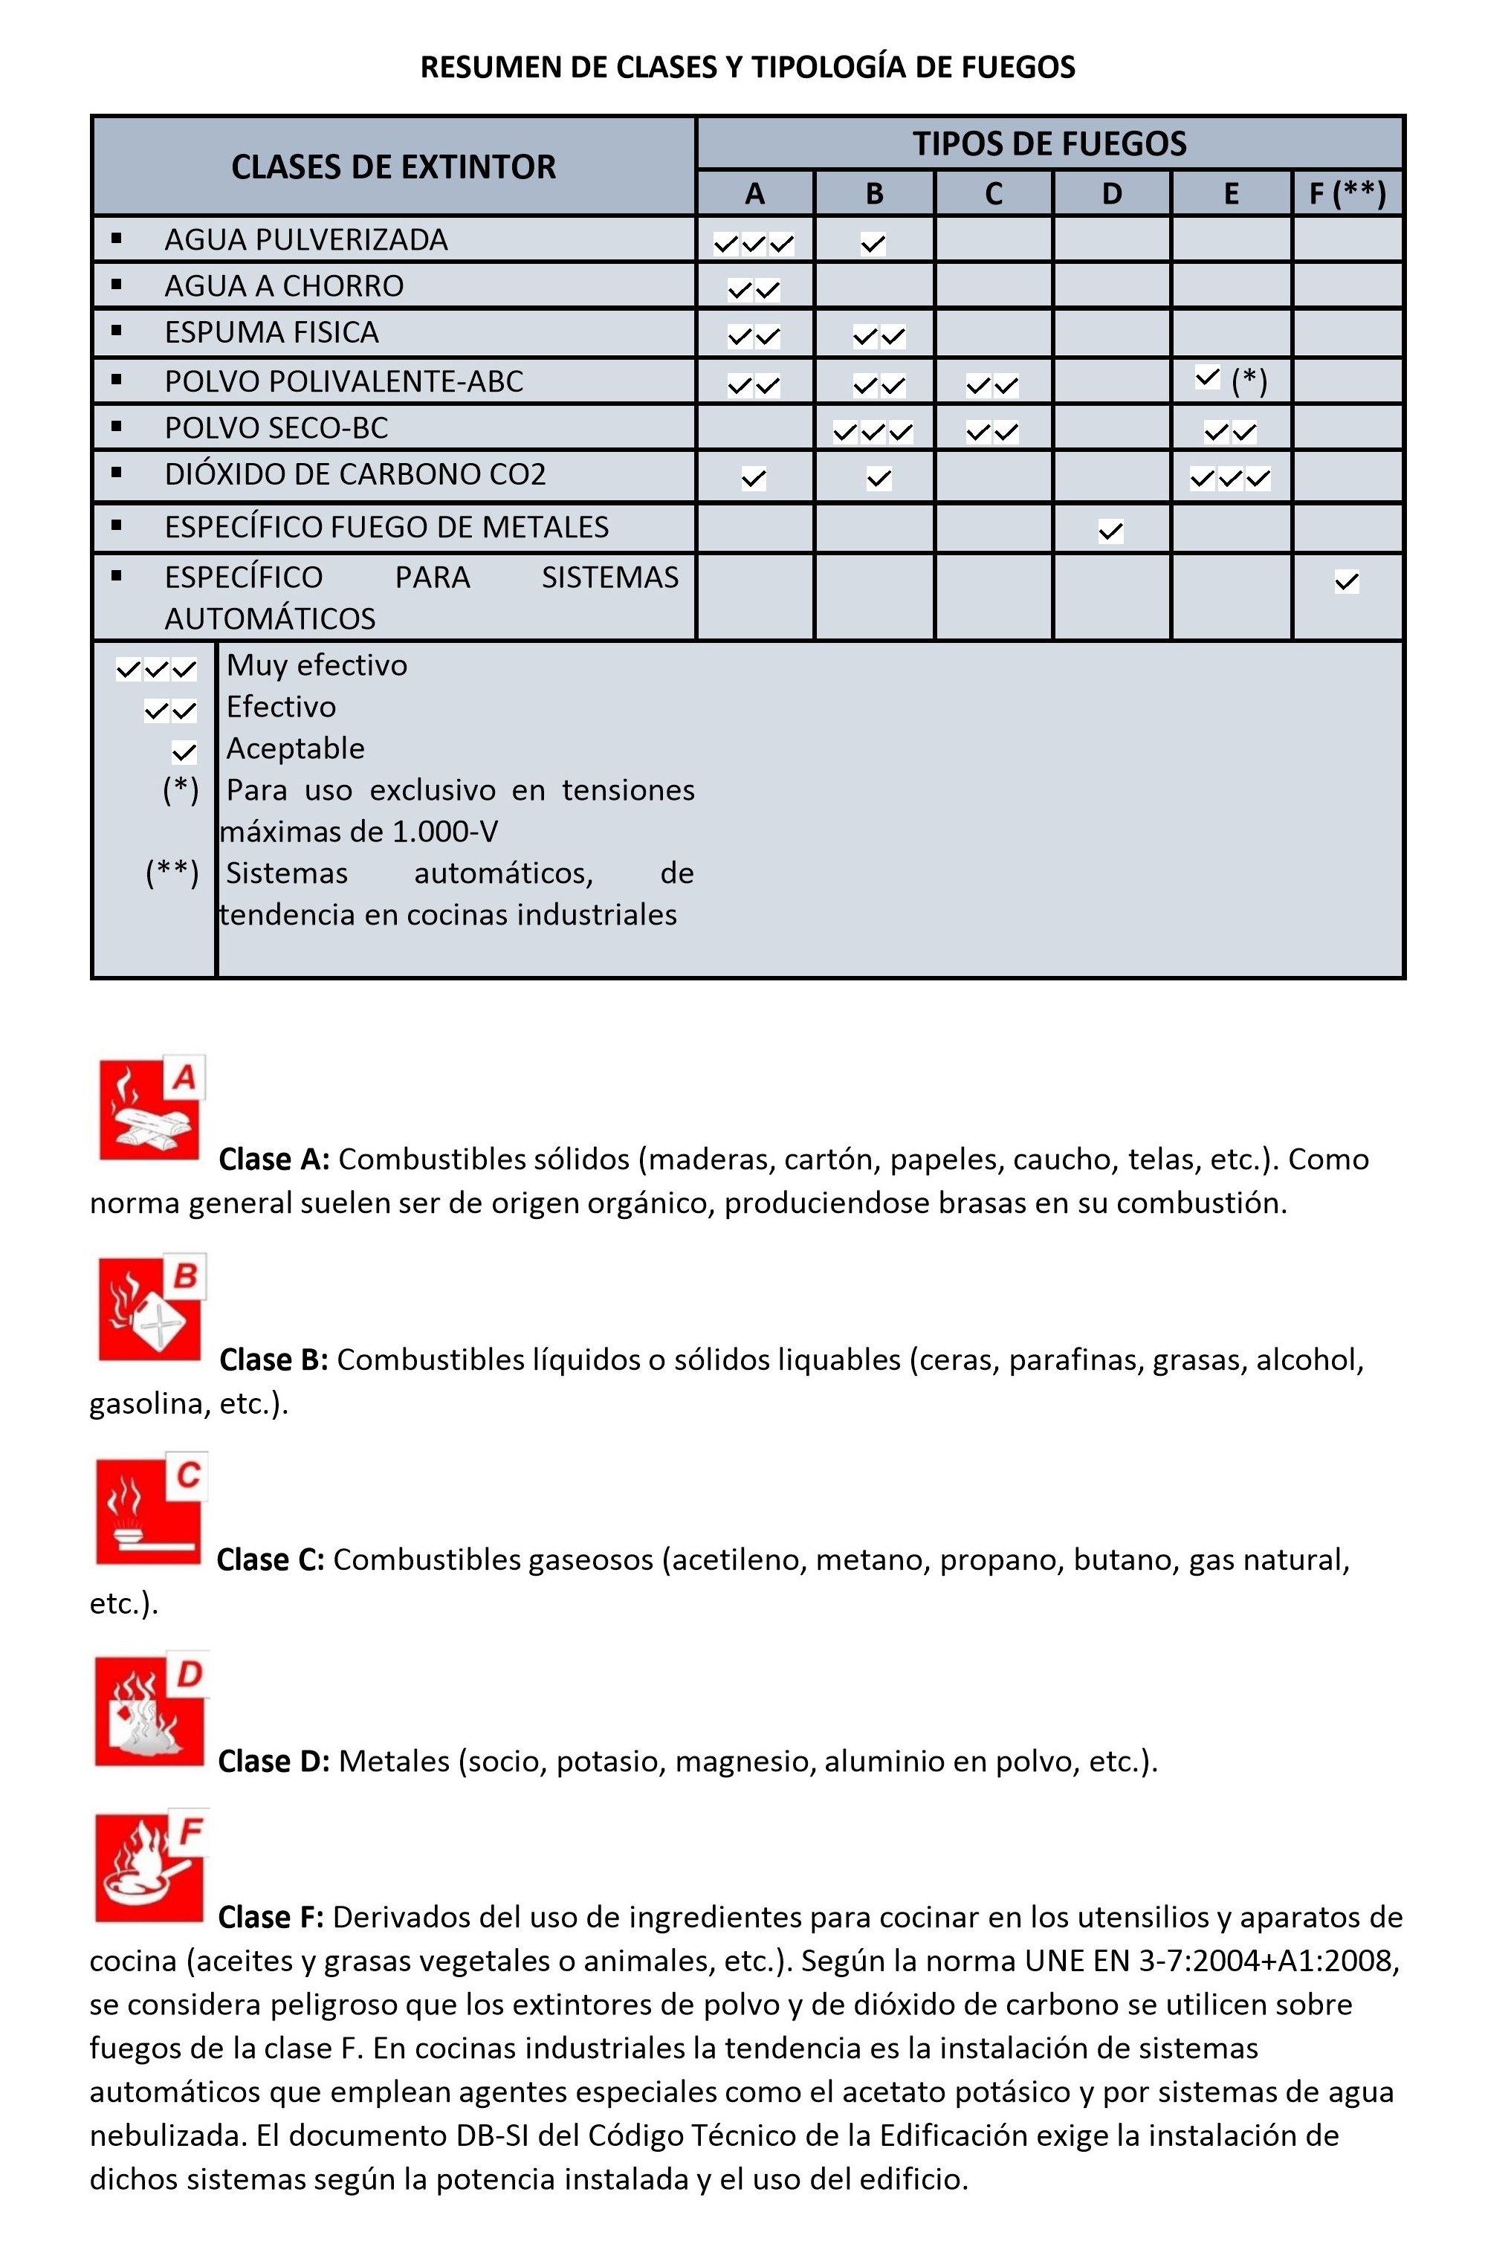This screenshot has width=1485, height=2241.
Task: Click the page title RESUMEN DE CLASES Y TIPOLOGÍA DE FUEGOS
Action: tap(747, 67)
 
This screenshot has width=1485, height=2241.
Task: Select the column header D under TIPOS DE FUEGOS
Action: tap(1111, 194)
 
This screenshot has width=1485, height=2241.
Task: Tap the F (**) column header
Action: tap(1347, 194)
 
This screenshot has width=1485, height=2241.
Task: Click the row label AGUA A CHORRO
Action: tap(283, 286)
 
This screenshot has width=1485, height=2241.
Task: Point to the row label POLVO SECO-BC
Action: tap(276, 428)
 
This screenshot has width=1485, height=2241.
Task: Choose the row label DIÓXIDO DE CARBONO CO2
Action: tap(355, 474)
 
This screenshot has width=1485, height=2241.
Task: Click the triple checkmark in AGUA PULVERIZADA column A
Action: tap(754, 245)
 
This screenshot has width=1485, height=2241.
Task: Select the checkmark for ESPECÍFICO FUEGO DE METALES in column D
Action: tap(1111, 531)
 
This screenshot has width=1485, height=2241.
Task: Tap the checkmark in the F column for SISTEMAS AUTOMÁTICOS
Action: tap(1346, 581)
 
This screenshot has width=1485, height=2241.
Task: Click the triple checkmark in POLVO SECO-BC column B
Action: tap(873, 433)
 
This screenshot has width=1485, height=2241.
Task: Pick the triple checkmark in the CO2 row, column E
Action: tap(1230, 479)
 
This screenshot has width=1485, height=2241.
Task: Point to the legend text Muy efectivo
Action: tap(317, 666)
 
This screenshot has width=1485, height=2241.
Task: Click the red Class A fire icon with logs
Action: tap(151, 1108)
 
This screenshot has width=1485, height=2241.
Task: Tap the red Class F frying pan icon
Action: tap(149, 1868)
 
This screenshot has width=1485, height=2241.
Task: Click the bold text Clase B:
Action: tap(274, 1360)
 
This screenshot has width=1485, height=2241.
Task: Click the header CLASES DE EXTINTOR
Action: tap(393, 168)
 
